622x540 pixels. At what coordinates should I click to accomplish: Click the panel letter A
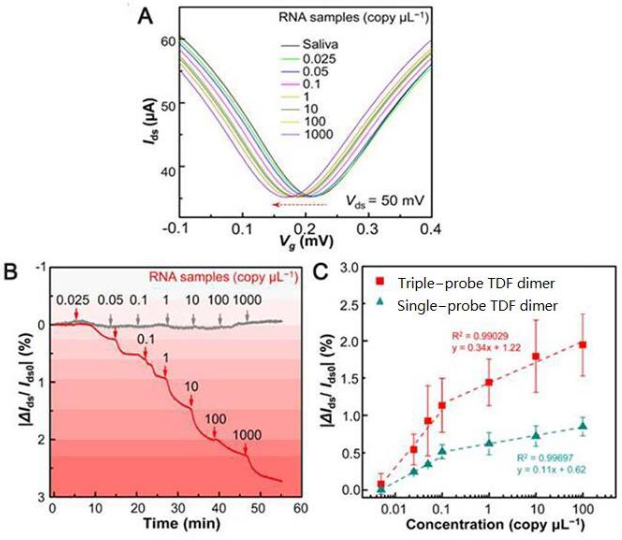[x=145, y=17]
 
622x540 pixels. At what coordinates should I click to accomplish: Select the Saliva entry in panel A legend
[x=320, y=45]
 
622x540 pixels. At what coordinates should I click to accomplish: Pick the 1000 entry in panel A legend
[x=318, y=134]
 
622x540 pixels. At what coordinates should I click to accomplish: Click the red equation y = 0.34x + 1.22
[x=486, y=348]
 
